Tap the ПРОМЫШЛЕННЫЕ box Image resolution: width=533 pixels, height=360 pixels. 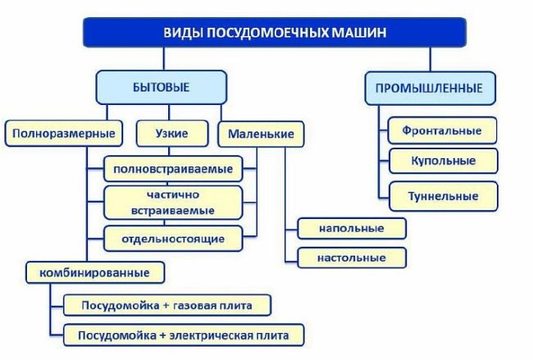(429, 89)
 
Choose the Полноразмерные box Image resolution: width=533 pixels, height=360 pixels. (63, 133)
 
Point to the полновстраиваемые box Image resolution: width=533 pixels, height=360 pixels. (173, 170)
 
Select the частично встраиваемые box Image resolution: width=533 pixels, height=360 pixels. (173, 203)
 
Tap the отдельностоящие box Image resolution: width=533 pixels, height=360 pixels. (173, 239)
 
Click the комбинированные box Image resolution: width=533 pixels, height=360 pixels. (93, 271)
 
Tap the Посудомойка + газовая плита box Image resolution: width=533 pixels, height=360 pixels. (166, 306)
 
